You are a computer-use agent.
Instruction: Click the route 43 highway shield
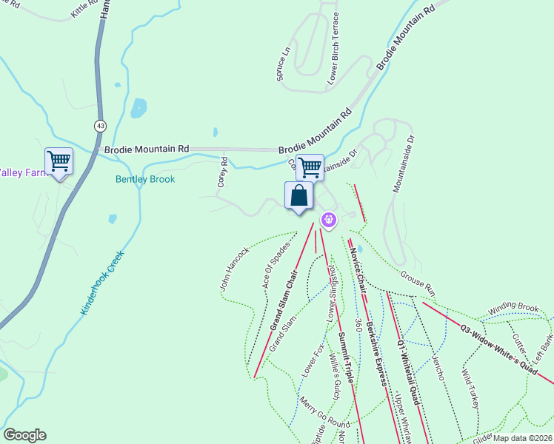click(99, 127)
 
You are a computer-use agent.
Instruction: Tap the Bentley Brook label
click(144, 179)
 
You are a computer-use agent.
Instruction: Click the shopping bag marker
click(298, 197)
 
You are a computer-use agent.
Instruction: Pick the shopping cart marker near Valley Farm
click(59, 161)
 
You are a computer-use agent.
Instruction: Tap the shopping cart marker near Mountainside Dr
click(310, 167)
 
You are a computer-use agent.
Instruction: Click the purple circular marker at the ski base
click(330, 219)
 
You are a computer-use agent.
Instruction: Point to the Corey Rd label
click(221, 171)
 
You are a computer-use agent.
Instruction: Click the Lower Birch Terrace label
click(334, 47)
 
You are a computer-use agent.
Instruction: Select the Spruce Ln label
click(281, 65)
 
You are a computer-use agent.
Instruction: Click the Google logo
click(24, 435)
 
